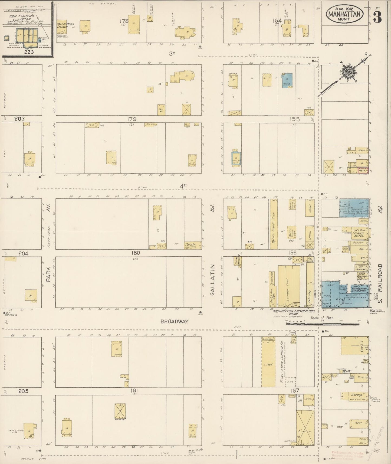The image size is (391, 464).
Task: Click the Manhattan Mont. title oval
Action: click(x=345, y=14)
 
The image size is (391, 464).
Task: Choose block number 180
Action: click(x=135, y=253)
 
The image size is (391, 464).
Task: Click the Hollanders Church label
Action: click(x=65, y=26)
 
